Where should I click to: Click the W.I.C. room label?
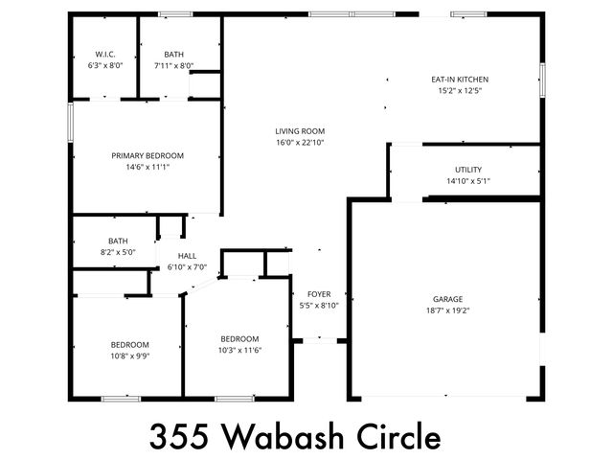(105, 55)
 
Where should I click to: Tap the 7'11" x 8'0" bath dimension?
(173, 66)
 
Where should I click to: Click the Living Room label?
(300, 131)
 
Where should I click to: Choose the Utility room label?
(468, 170)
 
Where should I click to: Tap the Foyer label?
(319, 294)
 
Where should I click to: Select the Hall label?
(187, 256)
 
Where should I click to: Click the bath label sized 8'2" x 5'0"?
(118, 241)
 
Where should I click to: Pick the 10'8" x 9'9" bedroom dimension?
(129, 356)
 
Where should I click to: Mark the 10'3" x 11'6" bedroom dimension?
(239, 350)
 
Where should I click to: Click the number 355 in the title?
(181, 436)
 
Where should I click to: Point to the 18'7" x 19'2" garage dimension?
(447, 310)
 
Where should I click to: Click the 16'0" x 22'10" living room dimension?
(300, 143)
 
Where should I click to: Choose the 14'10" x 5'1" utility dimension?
(468, 181)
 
